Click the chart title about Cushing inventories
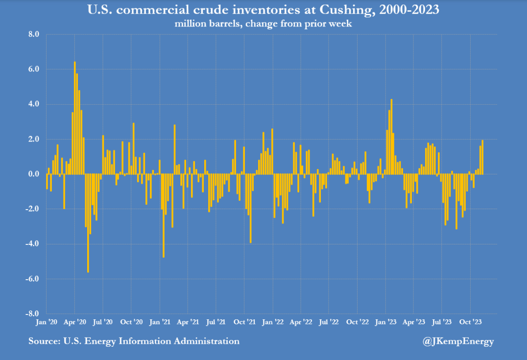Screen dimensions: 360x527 pos(263,9)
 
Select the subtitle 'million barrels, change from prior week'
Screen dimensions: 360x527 pos(263,24)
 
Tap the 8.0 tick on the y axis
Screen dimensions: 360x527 pos(34,35)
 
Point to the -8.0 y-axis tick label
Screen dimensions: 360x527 pos(32,313)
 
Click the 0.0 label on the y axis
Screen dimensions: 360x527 pos(34,174)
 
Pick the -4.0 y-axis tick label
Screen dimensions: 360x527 pos(32,244)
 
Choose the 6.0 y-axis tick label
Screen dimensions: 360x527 pos(34,70)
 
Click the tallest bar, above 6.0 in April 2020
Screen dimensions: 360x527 pos(75,118)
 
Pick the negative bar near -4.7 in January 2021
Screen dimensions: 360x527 pos(164,216)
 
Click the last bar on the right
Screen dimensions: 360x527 pos(482,157)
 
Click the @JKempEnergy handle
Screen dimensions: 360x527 pos(458,341)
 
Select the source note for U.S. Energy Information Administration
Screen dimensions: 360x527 pos(134,341)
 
